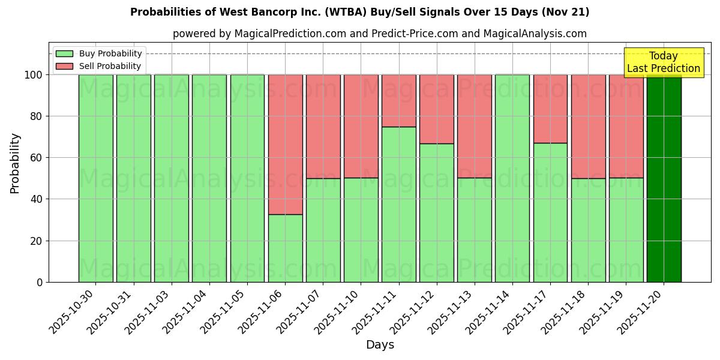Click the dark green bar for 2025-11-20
[664, 178]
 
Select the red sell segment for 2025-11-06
[285, 144]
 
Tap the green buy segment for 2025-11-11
[398, 204]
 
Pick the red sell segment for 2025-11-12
[436, 109]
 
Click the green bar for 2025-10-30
[95, 178]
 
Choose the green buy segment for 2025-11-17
[550, 212]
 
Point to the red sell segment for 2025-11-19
[626, 126]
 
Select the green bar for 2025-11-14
[512, 178]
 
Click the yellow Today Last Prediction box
[664, 62]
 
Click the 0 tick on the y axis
[39, 282]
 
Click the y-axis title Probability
[15, 163]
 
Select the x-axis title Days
[380, 345]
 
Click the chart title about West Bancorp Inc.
[359, 12]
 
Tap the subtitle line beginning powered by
[379, 34]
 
